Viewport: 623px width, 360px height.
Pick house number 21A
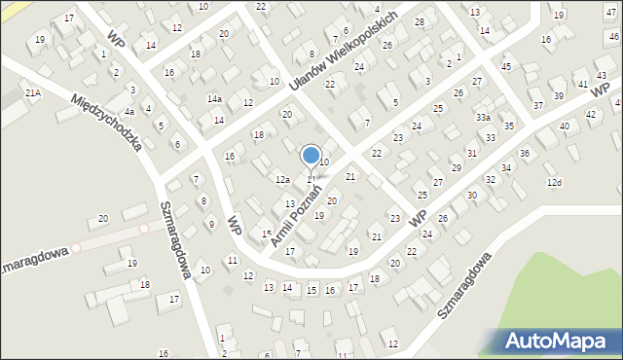pos(33,92)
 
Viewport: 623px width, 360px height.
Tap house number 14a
pos(214,99)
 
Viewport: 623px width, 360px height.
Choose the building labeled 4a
pos(128,112)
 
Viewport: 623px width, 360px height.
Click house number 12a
pos(282,180)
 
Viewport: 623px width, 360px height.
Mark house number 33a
pos(483,118)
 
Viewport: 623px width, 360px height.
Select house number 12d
pos(554,182)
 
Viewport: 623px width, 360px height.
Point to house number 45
pos(505,66)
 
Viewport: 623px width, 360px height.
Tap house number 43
pos(603,75)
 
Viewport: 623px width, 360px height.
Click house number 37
pos(538,105)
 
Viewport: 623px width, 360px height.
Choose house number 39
pos(558,95)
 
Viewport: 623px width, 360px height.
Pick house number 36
pos(524,153)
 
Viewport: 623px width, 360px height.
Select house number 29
pos(457,168)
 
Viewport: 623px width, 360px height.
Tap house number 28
pos(420,21)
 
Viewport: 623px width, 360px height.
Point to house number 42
pos(591,115)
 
